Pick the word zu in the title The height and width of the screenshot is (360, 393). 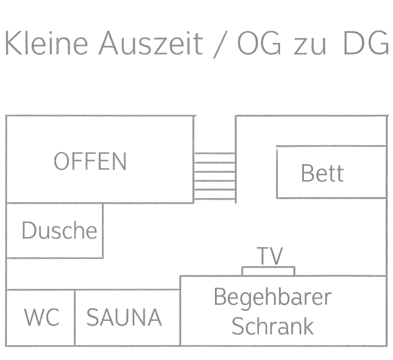pos(309,46)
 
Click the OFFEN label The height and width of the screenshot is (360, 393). pos(90,161)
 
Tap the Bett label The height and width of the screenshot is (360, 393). pos(322,173)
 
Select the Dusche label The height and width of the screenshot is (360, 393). pos(59,230)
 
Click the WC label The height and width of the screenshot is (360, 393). pos(42,317)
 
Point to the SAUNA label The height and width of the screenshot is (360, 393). pos(124,317)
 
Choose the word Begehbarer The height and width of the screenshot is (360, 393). pos(272,297)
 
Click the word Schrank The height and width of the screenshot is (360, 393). pos(272,326)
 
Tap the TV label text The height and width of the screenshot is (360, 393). pos(270,256)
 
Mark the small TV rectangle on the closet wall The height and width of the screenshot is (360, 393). pos(268,271)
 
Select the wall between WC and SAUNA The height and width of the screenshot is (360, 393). pos(75,317)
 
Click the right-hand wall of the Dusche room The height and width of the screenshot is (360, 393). pos(103,230)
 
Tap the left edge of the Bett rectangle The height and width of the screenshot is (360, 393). pos(277,172)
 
